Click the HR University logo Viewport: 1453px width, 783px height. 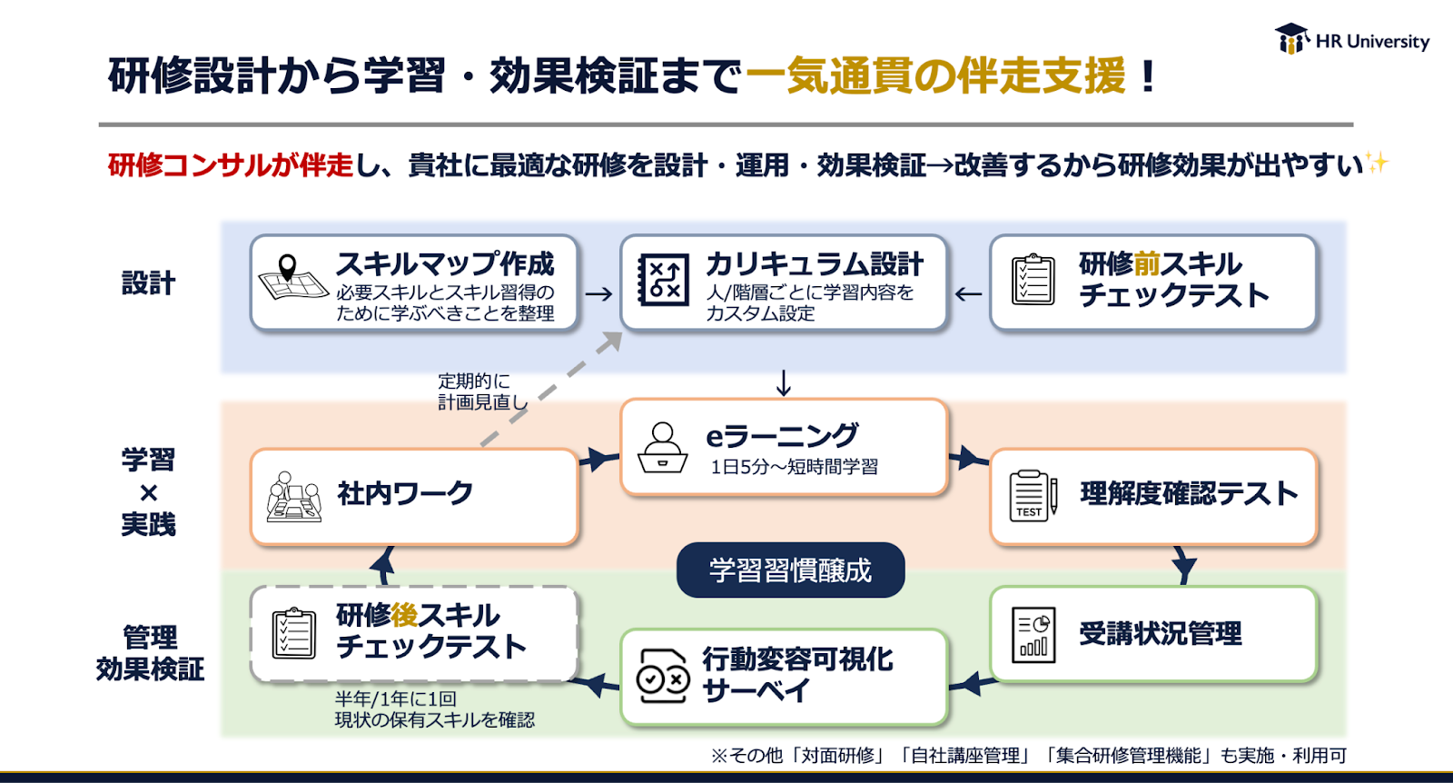click(1351, 40)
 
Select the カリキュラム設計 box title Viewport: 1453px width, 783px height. click(815, 264)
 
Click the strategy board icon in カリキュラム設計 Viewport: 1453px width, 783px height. click(664, 279)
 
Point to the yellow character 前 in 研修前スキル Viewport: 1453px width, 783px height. click(1147, 264)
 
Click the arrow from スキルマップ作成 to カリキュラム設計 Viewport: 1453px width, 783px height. click(598, 293)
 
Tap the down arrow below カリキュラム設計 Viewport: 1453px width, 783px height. click(784, 383)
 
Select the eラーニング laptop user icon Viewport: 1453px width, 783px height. click(663, 447)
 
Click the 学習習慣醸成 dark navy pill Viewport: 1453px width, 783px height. click(790, 570)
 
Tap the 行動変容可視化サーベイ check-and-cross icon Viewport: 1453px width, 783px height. click(663, 676)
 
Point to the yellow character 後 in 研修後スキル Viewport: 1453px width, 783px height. click(404, 615)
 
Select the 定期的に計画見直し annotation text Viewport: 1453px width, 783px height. click(480, 391)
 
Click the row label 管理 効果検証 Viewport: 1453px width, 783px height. click(150, 653)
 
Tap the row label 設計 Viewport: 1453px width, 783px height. click(148, 283)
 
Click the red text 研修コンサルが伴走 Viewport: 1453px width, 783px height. click(230, 165)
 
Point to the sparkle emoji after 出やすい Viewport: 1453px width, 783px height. click(1378, 163)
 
